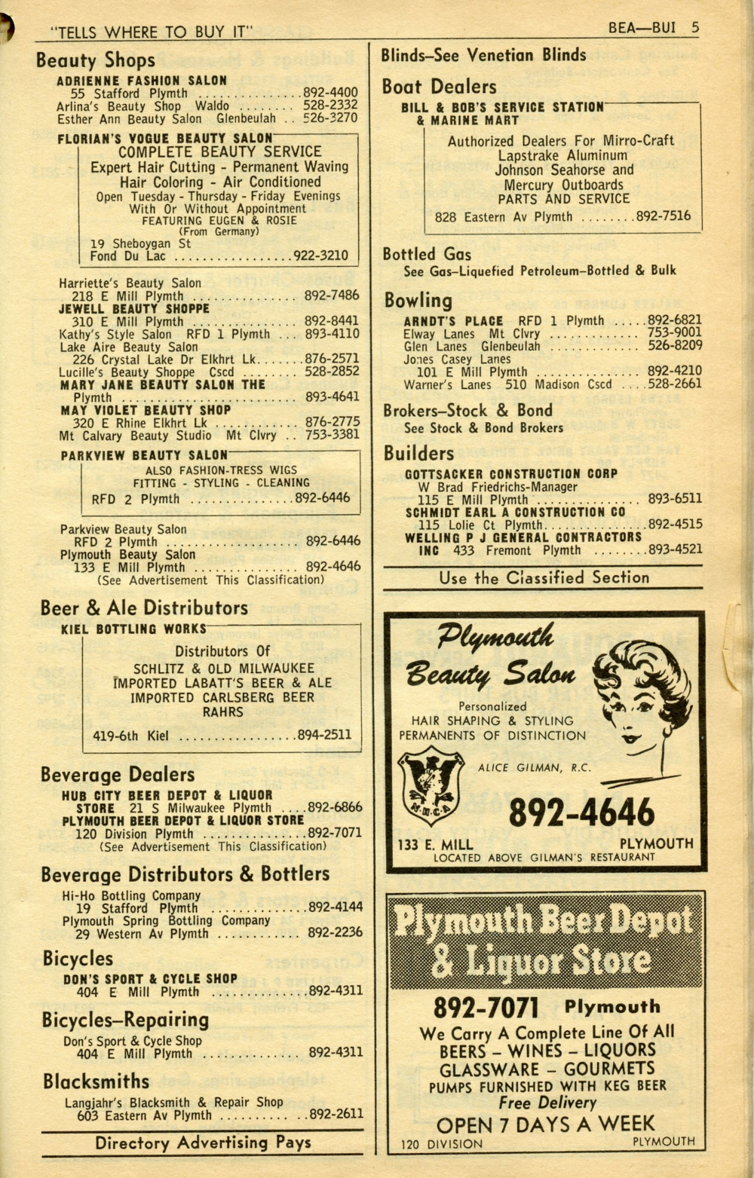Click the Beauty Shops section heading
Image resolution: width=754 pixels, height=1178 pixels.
[x=95, y=60]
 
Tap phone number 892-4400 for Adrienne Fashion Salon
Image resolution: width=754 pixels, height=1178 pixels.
[x=330, y=93]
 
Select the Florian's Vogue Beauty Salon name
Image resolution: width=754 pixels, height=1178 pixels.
[x=164, y=139]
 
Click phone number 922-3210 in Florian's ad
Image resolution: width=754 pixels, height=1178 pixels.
[x=320, y=255]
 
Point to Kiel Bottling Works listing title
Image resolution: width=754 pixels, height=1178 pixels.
[x=133, y=629]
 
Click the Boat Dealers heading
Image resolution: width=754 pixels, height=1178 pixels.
[x=439, y=87]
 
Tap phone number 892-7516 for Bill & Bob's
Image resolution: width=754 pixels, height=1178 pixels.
[x=663, y=216]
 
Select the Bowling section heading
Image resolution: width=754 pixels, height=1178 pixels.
[x=418, y=301]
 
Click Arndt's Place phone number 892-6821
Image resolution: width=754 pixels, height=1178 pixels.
[x=674, y=320]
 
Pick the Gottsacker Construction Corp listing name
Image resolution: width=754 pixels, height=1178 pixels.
[x=511, y=474]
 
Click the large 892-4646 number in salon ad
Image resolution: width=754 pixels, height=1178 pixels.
[x=581, y=812]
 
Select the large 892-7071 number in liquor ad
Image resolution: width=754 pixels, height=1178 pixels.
[x=486, y=1008]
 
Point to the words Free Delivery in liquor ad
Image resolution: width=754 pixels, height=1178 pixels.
[x=547, y=1103]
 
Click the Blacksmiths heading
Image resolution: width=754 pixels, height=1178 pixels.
[x=96, y=1082]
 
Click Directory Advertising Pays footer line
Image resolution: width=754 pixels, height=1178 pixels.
[x=202, y=1143]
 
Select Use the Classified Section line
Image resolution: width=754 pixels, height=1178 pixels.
[x=544, y=578]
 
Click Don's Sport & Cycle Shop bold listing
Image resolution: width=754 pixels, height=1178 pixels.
[x=150, y=979]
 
